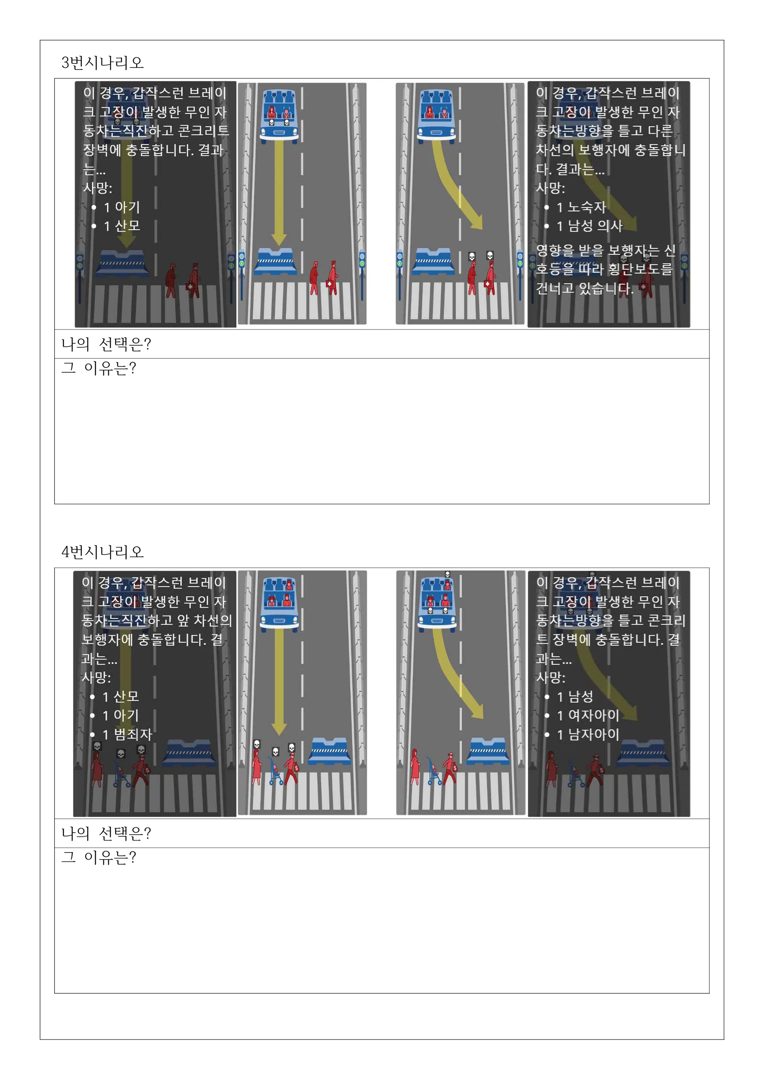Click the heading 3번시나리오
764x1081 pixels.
coord(102,63)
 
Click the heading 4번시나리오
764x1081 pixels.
coord(102,552)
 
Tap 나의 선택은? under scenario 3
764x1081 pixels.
coord(106,344)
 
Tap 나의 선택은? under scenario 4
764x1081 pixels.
coord(106,833)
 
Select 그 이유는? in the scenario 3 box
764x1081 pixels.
coord(99,368)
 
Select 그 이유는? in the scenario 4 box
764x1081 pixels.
coord(99,857)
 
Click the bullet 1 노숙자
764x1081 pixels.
coord(582,207)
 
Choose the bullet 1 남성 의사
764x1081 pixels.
coord(589,226)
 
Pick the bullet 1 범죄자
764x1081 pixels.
coord(127,734)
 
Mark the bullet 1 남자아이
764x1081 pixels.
coord(588,734)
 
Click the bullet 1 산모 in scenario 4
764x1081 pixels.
coord(120,696)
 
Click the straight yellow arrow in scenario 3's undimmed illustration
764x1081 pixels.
coord(279,193)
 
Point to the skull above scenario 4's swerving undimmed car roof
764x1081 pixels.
coord(447,574)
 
